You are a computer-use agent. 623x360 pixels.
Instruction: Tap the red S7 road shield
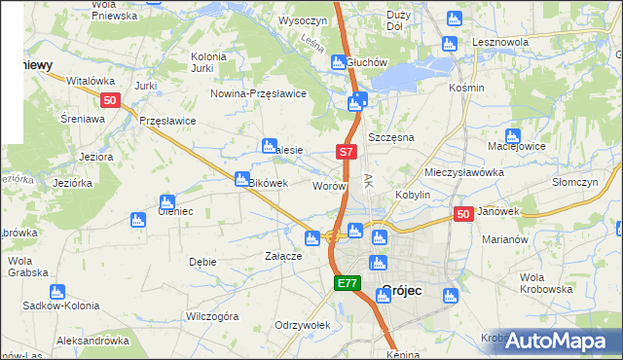pyautogui.click(x=348, y=152)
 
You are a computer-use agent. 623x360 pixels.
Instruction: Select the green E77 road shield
pyautogui.click(x=348, y=283)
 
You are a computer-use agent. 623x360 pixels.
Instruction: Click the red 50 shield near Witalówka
pyautogui.click(x=110, y=99)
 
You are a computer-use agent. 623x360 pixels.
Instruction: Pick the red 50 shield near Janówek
pyautogui.click(x=463, y=214)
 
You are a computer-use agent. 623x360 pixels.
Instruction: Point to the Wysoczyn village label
pyautogui.click(x=302, y=19)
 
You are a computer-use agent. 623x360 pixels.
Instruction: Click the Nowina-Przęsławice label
pyautogui.click(x=260, y=93)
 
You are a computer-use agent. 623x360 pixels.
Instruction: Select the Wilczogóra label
pyautogui.click(x=212, y=316)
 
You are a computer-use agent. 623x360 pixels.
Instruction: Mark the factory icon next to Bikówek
pyautogui.click(x=241, y=178)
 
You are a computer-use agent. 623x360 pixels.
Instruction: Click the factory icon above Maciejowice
pyautogui.click(x=512, y=135)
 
